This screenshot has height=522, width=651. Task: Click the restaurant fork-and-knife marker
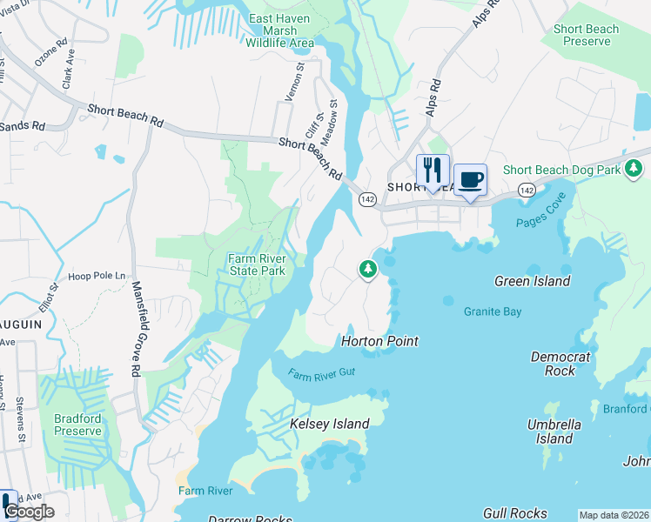[433, 171]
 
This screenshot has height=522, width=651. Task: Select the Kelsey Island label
[329, 424]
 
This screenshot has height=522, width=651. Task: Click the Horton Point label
[380, 341]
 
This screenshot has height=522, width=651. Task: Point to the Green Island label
[532, 281]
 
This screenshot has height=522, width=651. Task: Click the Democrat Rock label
[560, 364]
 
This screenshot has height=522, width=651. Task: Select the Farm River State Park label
[257, 264]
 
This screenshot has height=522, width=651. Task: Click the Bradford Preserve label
[77, 424]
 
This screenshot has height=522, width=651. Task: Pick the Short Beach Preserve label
[586, 35]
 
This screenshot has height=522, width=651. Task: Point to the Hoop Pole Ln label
[97, 275]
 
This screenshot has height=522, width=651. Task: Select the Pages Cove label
[541, 222]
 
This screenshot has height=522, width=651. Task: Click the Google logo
[29, 512]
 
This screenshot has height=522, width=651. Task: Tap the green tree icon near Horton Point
[368, 270]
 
